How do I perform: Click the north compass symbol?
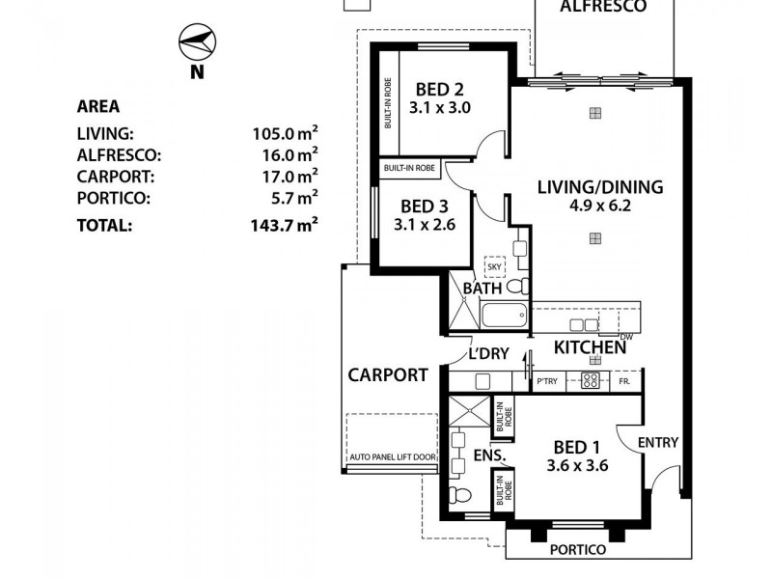pyautogui.click(x=196, y=42)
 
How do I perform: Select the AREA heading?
pyautogui.click(x=97, y=107)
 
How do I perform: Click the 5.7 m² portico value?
pyautogui.click(x=290, y=198)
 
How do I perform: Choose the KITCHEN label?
pyautogui.click(x=590, y=346)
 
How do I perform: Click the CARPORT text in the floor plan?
pyautogui.click(x=388, y=375)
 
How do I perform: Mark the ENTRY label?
pyautogui.click(x=659, y=443)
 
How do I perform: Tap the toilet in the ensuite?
pyautogui.click(x=460, y=497)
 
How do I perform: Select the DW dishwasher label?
pyautogui.click(x=625, y=336)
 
